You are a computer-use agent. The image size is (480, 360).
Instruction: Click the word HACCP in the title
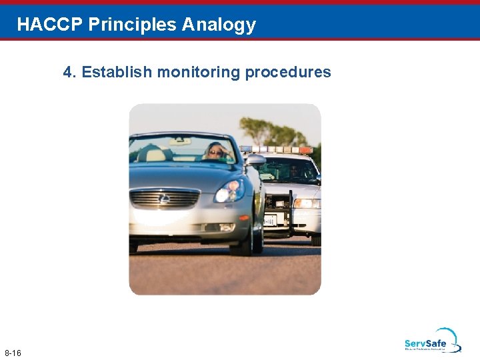[x=50, y=25]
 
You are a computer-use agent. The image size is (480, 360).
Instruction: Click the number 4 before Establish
[x=67, y=72]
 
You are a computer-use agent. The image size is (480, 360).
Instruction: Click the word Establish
[x=116, y=72]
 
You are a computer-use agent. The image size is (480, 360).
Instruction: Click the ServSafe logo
[x=432, y=340]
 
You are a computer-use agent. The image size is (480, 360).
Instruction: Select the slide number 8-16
[x=13, y=352]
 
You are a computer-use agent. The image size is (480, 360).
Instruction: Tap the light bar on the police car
[x=277, y=149]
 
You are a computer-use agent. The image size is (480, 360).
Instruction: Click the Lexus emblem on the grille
[x=164, y=198]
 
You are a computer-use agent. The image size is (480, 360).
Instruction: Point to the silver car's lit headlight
[x=229, y=193]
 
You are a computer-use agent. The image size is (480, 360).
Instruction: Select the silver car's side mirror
[x=255, y=161]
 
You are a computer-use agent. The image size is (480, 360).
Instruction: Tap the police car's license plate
[x=269, y=221]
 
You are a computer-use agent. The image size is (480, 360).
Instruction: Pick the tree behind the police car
[x=270, y=132]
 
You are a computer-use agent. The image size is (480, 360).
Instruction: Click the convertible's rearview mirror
[x=179, y=141]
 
